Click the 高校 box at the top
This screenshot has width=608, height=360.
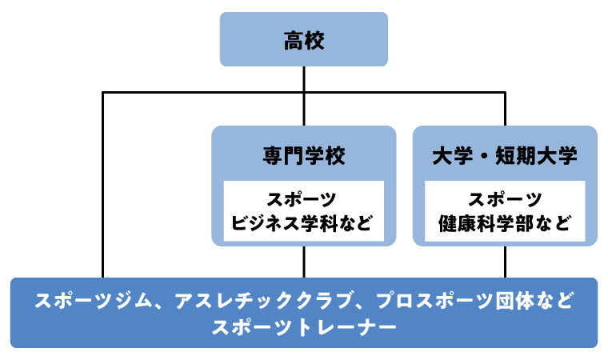304,39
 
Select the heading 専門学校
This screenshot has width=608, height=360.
303,155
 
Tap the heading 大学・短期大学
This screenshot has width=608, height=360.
505,155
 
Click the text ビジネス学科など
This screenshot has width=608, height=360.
303,222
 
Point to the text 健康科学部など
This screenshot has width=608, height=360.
505,222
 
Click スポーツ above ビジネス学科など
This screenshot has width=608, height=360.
303,199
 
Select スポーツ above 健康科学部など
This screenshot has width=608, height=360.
505,199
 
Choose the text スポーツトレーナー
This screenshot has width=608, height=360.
304,327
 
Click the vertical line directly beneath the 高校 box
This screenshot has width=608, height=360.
304,79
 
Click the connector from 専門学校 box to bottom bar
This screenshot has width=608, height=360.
304,262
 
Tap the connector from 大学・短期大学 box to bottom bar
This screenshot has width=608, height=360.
505,262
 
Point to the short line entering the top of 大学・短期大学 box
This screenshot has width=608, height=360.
505,110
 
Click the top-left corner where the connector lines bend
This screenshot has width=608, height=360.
103,94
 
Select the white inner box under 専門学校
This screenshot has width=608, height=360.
303,210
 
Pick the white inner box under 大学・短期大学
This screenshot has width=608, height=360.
505,210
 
